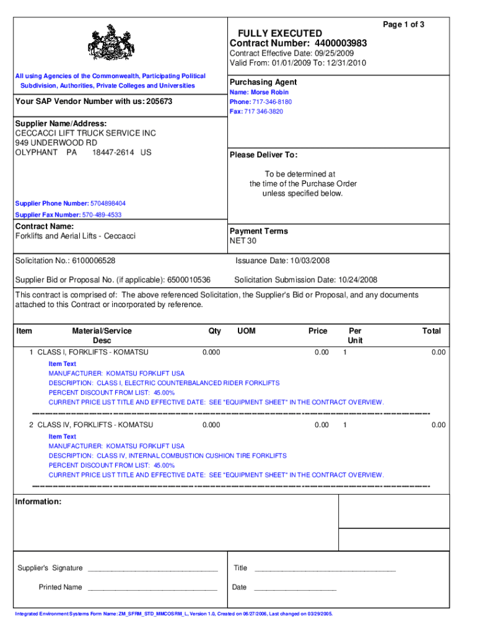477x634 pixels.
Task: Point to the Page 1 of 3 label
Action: point(403,24)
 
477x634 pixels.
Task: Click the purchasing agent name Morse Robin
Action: point(269,92)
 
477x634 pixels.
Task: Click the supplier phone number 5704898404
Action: point(108,203)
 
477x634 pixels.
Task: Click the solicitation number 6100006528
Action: point(94,261)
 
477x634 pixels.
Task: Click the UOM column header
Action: point(246,331)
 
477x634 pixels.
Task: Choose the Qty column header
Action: point(214,331)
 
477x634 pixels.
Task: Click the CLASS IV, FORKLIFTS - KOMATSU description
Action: point(95,425)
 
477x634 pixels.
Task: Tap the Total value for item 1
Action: point(438,352)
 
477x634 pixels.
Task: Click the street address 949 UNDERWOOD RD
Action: point(56,143)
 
